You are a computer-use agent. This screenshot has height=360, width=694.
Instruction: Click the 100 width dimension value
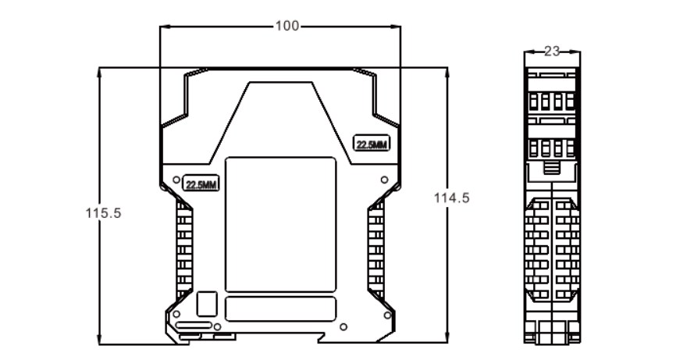coord(286,26)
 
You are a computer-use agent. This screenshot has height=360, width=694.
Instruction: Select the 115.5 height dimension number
coord(103,212)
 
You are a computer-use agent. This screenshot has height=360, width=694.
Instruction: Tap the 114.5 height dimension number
coord(451,198)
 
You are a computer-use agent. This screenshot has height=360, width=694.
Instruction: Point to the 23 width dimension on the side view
coord(552,52)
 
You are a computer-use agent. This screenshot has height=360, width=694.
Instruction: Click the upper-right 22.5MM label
coord(372,144)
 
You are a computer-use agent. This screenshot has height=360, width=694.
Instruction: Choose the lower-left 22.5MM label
coord(201,184)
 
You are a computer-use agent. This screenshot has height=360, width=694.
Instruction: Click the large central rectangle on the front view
coord(280,223)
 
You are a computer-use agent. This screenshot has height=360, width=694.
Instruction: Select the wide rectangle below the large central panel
coord(280,308)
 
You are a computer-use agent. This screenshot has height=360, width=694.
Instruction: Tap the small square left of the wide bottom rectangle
coord(207,303)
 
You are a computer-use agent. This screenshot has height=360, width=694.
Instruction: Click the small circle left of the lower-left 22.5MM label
coord(176,179)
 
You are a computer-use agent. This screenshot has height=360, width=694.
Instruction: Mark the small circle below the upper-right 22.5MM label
coord(384,180)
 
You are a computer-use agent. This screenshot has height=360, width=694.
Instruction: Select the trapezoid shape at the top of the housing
coord(281,117)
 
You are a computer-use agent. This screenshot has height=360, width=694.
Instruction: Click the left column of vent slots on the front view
coord(184,250)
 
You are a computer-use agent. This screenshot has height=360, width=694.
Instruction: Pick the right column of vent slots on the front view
coord(375,250)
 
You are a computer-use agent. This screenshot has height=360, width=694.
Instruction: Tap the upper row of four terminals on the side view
coord(552,101)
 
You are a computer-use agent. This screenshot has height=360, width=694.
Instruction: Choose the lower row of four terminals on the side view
coord(552,148)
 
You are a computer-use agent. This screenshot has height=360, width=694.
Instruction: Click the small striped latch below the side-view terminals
coord(552,168)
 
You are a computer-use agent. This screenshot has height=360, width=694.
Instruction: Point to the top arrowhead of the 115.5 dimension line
coord(99,70)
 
